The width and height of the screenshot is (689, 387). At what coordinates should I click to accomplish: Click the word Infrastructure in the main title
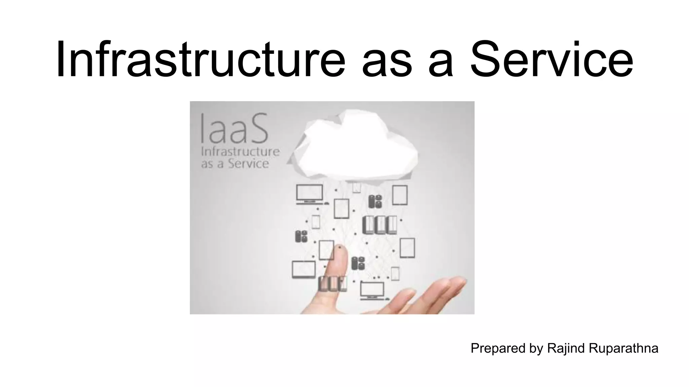(201, 60)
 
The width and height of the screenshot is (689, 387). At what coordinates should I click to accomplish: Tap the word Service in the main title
(551, 60)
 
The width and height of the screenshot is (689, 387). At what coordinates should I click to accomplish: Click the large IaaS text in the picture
(234, 129)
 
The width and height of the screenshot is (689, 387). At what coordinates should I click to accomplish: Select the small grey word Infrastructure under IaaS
(240, 152)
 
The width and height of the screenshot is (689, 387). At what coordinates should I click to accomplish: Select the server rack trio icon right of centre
(379, 225)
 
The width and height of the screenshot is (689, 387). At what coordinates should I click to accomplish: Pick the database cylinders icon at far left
(301, 236)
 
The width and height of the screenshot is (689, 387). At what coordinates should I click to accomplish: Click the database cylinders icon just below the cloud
(375, 201)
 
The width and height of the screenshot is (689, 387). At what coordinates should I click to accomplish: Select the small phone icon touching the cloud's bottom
(356, 187)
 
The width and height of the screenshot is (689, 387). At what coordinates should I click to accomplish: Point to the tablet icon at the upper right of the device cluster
(400, 195)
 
